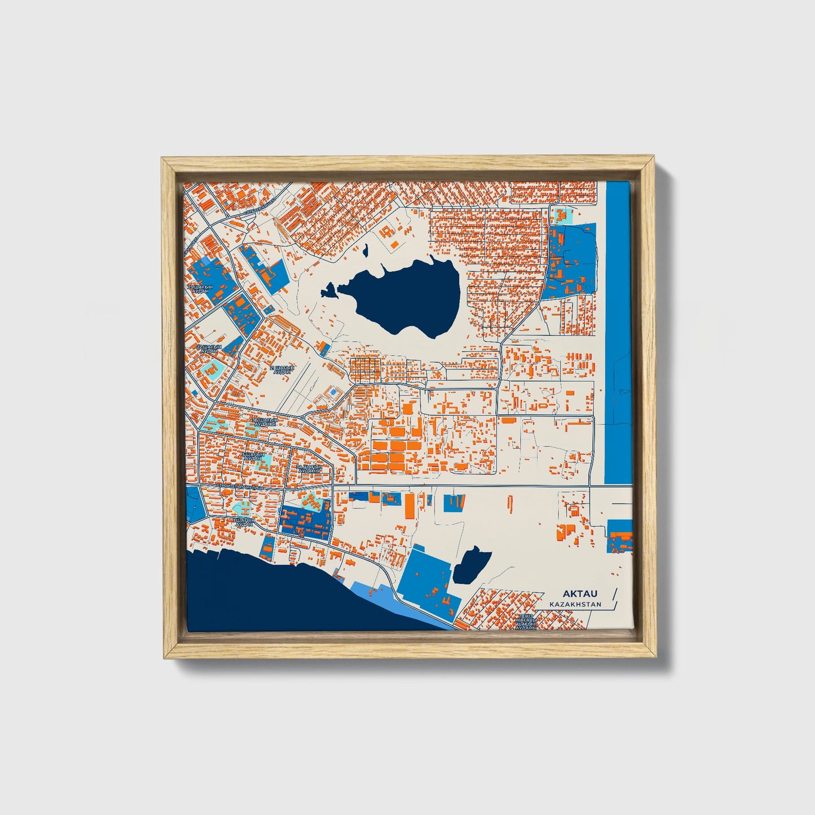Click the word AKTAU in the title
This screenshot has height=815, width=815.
579,594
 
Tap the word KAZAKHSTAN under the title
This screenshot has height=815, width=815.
575,604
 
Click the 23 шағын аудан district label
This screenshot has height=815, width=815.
202,289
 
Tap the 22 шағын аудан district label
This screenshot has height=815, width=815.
209,349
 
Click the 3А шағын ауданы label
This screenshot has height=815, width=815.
309,469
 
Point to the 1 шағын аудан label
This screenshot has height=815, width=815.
244,522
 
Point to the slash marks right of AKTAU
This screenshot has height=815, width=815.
614,598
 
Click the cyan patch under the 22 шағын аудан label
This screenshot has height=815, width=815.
214,369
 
